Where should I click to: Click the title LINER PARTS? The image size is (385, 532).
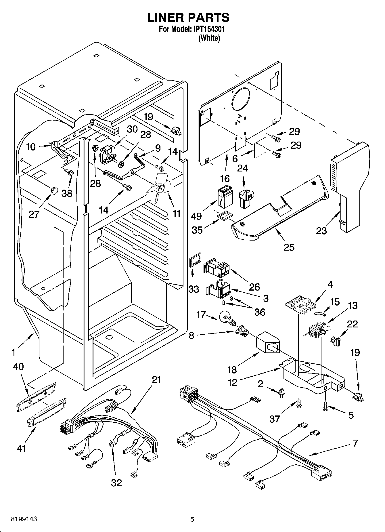click(188, 18)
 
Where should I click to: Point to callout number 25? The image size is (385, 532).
click(289, 247)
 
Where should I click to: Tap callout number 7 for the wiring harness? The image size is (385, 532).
click(355, 443)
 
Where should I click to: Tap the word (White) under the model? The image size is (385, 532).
click(209, 38)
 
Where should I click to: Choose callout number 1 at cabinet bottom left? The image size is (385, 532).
click(13, 352)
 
